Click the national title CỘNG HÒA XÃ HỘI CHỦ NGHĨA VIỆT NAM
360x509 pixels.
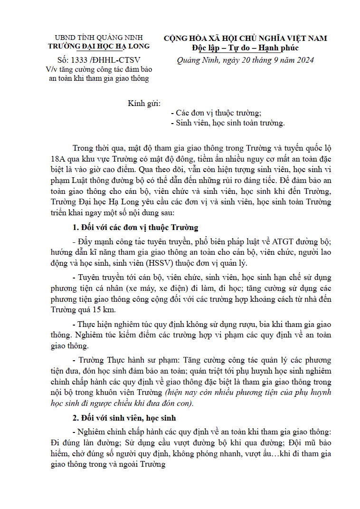(246, 38)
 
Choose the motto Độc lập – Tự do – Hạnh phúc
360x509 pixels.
(246, 48)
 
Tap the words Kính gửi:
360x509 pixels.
(144, 103)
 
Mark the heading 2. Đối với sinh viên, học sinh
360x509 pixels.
(124, 418)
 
